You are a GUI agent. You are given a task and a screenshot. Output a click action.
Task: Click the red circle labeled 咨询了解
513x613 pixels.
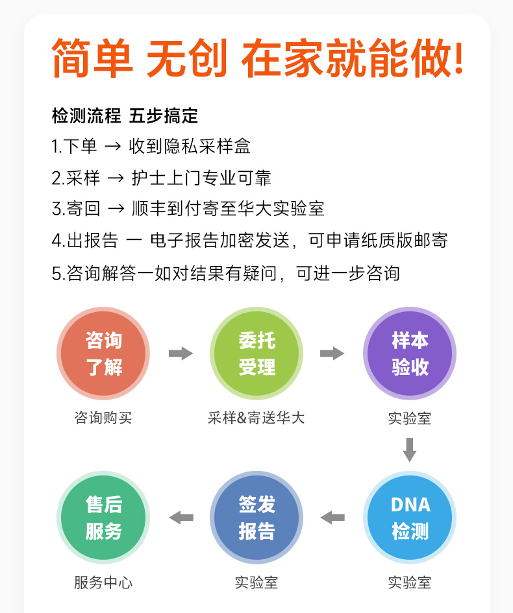point(103,354)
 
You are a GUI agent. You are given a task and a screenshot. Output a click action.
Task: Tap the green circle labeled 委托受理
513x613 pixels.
point(256,354)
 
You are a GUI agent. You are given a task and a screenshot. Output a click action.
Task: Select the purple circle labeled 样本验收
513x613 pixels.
point(410,354)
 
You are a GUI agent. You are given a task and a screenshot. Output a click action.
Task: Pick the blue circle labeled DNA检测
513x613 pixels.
point(410,518)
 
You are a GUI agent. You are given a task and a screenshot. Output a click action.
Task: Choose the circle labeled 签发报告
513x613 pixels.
point(256,518)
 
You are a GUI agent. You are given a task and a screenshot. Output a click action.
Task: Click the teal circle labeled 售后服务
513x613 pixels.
point(103,518)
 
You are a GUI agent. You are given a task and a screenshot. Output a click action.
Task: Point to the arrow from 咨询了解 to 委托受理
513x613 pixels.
point(181,354)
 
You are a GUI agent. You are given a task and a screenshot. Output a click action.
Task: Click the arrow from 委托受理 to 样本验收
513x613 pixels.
point(332,354)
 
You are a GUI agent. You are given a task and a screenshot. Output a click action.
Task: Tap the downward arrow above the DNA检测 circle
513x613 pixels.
point(410,450)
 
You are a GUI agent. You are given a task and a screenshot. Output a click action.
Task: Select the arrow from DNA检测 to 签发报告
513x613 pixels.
point(332,518)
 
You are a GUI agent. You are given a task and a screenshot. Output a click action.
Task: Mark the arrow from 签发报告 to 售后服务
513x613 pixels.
point(181,518)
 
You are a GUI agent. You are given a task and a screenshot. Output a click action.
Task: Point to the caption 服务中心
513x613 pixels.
point(103,583)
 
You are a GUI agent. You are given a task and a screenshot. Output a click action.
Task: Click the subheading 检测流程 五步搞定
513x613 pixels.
point(125,116)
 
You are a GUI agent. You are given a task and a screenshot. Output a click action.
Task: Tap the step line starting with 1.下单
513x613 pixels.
point(151,147)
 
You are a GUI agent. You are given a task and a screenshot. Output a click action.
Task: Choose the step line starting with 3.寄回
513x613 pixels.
point(188,209)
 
